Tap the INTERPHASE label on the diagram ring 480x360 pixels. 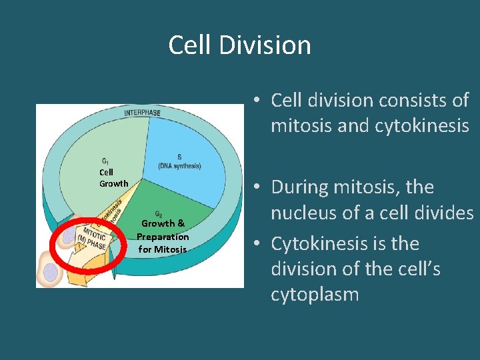point(142,113)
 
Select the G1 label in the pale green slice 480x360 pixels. point(106,161)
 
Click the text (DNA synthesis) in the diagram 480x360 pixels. point(179,166)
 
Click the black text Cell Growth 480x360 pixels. point(113,177)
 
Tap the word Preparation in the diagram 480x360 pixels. point(163,237)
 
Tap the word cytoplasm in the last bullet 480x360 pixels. point(315,294)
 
